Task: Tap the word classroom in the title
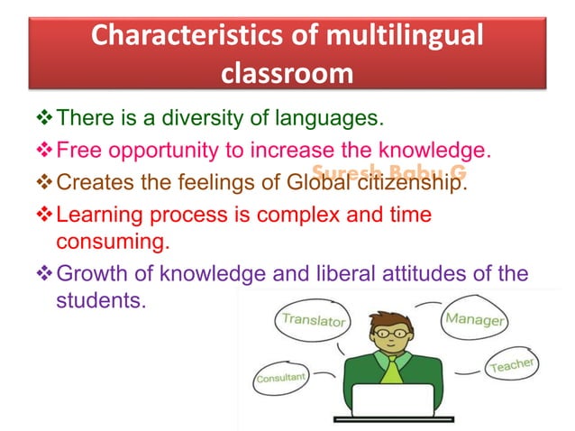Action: pyautogui.click(x=287, y=74)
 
